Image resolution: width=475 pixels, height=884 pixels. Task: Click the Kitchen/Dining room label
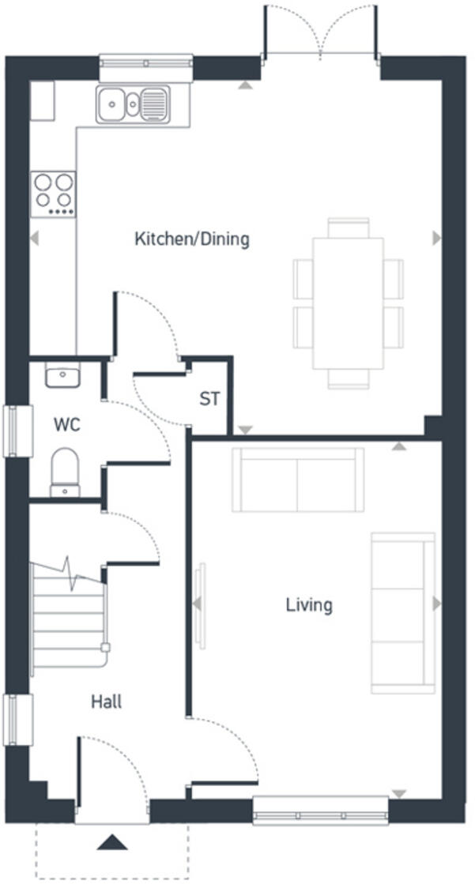[x=191, y=239]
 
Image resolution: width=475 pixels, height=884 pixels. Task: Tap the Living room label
[x=309, y=606]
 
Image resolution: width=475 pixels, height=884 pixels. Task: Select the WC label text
[x=66, y=425]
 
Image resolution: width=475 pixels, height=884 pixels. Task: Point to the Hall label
[x=106, y=702]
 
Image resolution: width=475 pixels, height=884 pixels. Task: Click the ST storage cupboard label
[x=209, y=400]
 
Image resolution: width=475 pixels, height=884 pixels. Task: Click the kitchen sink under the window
[x=133, y=103]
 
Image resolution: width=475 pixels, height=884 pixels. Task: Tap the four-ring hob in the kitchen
[x=54, y=194]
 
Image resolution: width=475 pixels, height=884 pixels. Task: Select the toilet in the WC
[x=64, y=472]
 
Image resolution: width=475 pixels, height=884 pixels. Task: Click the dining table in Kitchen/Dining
[x=349, y=303]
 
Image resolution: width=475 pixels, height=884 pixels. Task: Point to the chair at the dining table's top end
[x=349, y=228]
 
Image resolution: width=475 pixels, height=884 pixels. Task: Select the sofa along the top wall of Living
[x=297, y=480]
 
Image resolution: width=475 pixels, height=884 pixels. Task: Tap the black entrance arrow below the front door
[x=111, y=842]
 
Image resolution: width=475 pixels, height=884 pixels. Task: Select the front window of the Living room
[x=321, y=811]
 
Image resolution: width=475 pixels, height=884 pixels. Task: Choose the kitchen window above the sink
[x=146, y=67]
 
